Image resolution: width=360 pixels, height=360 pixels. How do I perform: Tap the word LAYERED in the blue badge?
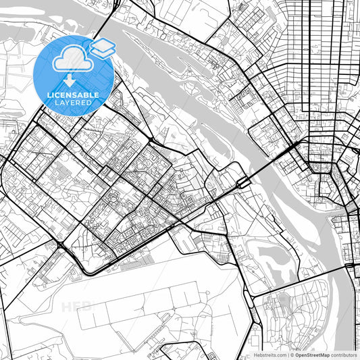[74, 103]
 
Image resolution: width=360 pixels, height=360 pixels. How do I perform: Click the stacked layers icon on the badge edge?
[103, 48]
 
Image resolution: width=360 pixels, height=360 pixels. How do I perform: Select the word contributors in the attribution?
[344, 354]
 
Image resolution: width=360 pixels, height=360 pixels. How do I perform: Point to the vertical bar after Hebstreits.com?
[286, 354]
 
